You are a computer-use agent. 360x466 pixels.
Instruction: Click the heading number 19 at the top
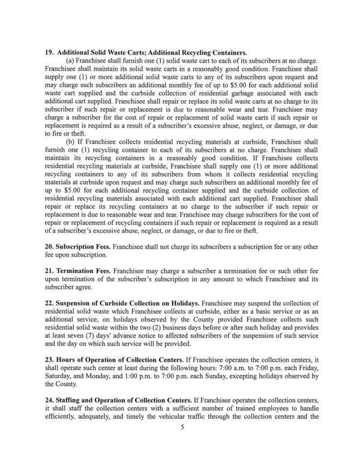point(50,53)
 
